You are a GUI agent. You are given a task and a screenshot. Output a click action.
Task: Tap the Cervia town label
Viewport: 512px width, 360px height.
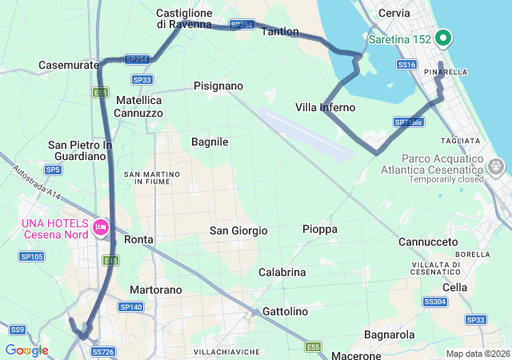coord(394,14)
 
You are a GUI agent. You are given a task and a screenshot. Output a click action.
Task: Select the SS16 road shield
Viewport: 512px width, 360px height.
coord(406,64)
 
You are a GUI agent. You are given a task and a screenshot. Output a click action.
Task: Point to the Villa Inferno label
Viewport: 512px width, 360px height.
coord(325,107)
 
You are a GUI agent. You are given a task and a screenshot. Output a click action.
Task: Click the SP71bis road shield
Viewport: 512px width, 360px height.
coord(408,122)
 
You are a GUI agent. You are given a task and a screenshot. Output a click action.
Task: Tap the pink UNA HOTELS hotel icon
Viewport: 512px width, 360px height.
coord(101,227)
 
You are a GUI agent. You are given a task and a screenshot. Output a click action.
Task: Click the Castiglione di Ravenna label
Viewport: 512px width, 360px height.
coord(184,18)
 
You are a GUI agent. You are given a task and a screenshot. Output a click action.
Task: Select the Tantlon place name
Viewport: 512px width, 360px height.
coord(280,32)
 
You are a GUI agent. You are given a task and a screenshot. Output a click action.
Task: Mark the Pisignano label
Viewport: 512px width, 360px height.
coord(218,86)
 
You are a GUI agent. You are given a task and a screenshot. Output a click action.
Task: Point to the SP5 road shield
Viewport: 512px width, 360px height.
coord(54,170)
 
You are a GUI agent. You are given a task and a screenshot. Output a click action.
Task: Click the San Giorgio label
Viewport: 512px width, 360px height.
coord(238,230)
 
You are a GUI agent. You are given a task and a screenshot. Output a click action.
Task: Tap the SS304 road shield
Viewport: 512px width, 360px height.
coord(435,302)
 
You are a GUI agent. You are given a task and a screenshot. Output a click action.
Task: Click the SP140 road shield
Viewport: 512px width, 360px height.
coord(130,307)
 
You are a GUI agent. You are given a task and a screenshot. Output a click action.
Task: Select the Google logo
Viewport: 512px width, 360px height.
coord(26,350)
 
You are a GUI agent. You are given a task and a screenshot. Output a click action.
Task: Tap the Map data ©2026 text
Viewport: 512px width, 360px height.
coord(477,354)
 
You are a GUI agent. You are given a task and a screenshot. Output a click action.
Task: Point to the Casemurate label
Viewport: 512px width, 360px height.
coord(69,65)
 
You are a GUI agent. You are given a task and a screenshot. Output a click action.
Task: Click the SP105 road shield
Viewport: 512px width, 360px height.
coord(33,256)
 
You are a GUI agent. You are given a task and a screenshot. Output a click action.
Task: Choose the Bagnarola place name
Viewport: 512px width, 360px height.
coord(389,334)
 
